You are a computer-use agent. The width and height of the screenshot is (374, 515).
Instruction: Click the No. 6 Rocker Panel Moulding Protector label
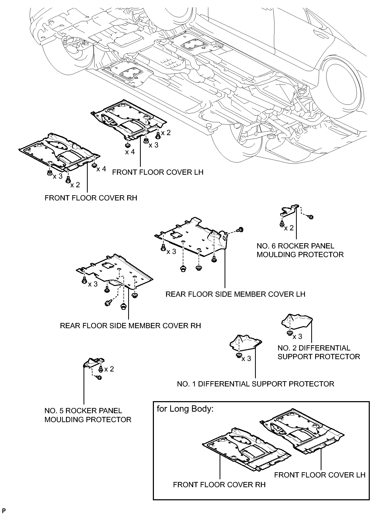click(300, 250)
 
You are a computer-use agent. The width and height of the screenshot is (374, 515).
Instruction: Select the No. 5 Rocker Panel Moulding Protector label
click(88, 415)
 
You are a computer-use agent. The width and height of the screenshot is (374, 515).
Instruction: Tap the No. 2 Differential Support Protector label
click(319, 352)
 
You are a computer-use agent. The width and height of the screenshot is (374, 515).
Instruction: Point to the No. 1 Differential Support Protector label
click(255, 384)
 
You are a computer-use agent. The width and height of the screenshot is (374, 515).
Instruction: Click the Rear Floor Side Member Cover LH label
click(235, 294)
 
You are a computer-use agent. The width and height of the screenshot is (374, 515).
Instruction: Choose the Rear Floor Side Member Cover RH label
click(130, 326)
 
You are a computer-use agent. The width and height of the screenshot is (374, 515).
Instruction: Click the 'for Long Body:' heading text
click(185, 409)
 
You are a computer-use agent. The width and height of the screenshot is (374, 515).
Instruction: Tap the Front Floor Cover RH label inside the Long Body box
click(219, 485)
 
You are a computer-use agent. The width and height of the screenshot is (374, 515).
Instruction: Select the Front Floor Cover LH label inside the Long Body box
click(320, 475)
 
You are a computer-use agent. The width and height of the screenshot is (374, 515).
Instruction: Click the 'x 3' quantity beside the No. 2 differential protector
click(297, 336)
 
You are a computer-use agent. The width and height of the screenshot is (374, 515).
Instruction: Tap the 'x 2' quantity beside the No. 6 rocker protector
click(289, 228)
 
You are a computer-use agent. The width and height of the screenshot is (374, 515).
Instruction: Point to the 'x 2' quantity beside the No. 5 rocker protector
click(109, 369)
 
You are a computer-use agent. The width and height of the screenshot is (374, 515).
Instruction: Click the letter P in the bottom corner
click(4, 510)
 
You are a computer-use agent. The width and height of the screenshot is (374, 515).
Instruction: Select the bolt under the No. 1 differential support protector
click(239, 355)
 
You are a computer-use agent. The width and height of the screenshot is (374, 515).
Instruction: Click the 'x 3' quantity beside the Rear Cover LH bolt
click(171, 251)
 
